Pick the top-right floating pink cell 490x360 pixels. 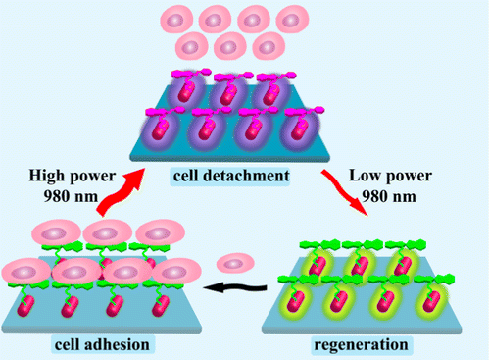291,20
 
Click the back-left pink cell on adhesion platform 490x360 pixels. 51,237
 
